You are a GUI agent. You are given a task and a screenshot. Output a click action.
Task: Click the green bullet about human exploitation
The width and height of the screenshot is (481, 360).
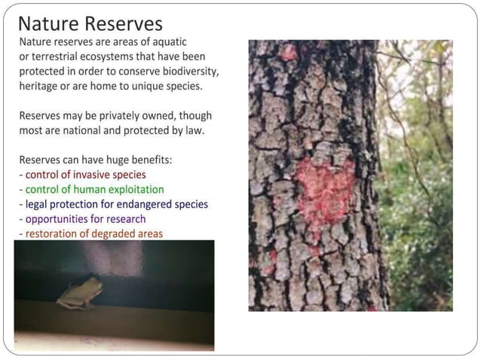click(x=94, y=189)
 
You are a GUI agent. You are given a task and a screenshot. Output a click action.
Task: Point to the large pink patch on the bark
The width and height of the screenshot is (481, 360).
click(x=323, y=188)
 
